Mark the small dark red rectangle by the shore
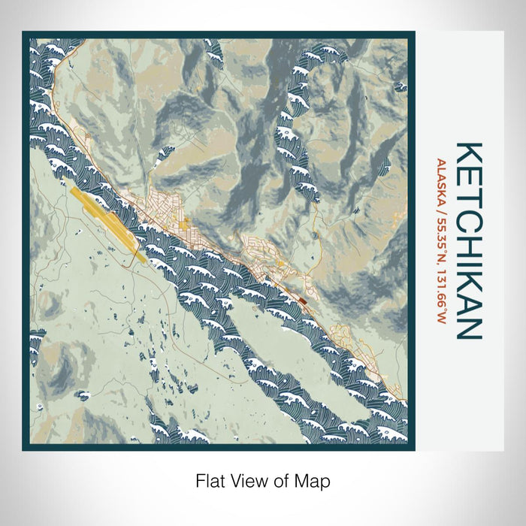pos(302,298)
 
